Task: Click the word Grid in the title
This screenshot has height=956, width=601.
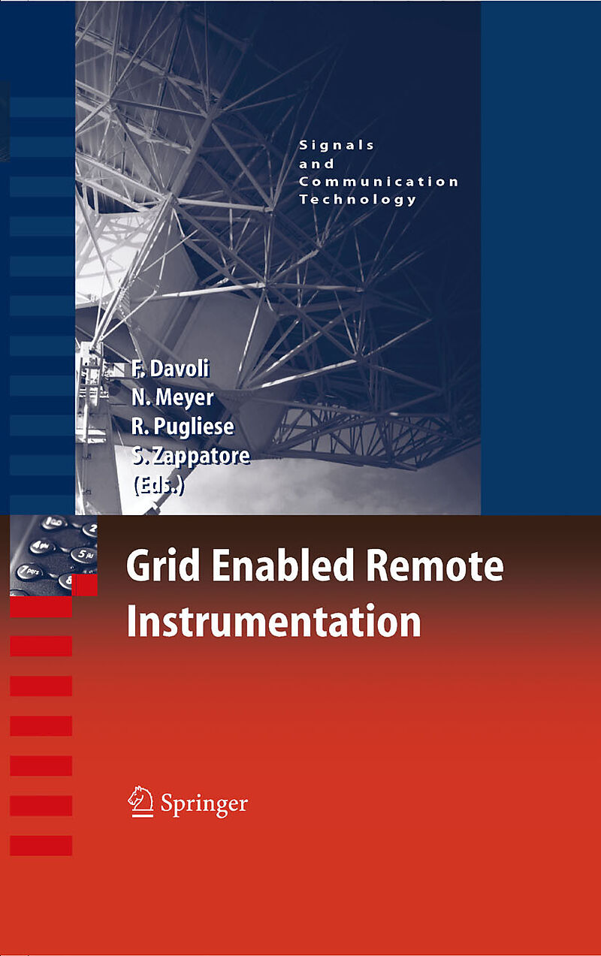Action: [x=163, y=566]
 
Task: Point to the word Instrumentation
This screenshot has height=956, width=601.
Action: [x=273, y=621]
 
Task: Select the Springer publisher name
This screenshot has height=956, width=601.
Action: [x=204, y=804]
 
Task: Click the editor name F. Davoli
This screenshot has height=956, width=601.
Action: [x=171, y=368]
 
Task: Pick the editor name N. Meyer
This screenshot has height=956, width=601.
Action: [x=173, y=397]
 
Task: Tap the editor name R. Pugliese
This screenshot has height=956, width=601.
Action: [x=183, y=427]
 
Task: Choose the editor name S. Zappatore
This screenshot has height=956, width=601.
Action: [x=191, y=455]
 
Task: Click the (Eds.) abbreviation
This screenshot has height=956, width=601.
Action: [x=159, y=485]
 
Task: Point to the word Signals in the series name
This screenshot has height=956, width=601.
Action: [x=337, y=145]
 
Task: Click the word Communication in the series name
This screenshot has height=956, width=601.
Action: [x=379, y=182]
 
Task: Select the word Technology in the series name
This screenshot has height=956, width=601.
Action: [x=358, y=200]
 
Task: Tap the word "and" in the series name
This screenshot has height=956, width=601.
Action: [x=316, y=164]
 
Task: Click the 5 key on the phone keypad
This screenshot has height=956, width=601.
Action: [x=83, y=554]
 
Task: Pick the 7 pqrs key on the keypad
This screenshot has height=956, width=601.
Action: [x=29, y=571]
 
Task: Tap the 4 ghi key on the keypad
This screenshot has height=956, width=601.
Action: [x=42, y=546]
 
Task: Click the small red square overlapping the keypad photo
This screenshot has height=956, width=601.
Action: [x=84, y=585]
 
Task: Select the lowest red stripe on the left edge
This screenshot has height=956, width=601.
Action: [x=41, y=846]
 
